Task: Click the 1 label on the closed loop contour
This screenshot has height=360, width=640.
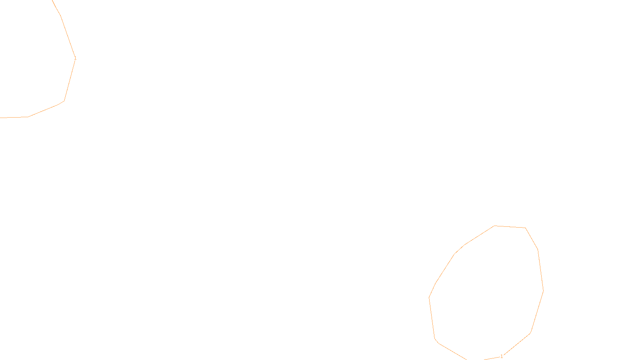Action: pos(502,356)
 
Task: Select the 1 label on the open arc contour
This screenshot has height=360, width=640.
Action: pos(75,58)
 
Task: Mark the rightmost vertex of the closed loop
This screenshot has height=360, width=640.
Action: pos(543,290)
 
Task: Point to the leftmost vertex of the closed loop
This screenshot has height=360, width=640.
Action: pos(429,298)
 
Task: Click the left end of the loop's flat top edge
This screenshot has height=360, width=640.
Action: pos(495,226)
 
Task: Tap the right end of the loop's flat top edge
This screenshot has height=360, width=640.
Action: pos(525,228)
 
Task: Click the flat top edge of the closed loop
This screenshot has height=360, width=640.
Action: pos(510,227)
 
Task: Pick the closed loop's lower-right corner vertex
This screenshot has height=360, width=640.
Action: pos(530,333)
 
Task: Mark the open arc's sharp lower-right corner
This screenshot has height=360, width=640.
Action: pos(64,101)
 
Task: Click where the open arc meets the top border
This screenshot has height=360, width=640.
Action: pos(52,0)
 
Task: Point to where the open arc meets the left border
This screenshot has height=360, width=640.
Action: pos(0,118)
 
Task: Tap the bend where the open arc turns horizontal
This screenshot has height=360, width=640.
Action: pos(28,117)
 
